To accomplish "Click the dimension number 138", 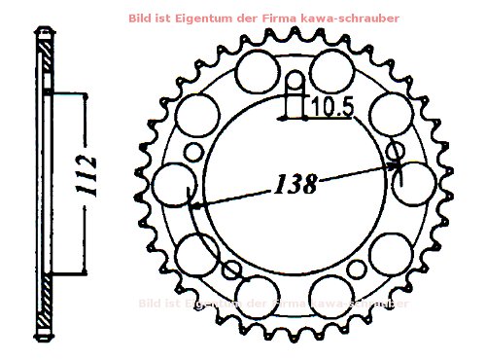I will coord(295,184).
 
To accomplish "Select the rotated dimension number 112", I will coord(87,175).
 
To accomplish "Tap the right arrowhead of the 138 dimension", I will coord(398,165).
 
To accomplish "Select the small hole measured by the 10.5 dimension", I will coord(294,80).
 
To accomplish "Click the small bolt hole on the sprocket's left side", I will coord(193,152).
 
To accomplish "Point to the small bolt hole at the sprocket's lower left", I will coord(234,270).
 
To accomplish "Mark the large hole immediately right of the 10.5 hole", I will coord(331,69).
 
